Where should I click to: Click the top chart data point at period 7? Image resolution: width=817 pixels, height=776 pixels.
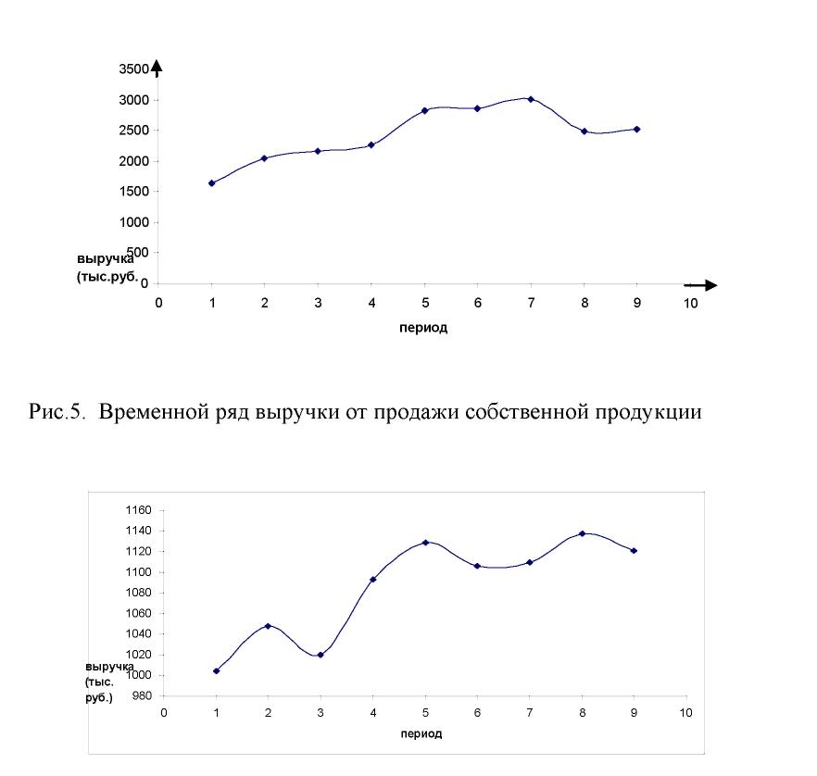point(531,99)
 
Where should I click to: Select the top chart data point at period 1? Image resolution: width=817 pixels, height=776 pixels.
point(211,182)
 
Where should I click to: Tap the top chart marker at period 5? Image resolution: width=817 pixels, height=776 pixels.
point(424,110)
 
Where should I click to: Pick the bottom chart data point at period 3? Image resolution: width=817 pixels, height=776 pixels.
point(321,655)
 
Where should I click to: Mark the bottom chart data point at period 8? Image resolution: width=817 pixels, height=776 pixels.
point(582,533)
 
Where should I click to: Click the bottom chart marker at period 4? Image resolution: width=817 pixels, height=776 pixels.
point(373,579)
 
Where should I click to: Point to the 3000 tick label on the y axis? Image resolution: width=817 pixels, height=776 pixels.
point(134,100)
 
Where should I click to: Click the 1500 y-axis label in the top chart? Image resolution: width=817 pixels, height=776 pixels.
point(134,192)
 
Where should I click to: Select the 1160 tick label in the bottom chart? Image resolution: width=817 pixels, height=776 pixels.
point(139,510)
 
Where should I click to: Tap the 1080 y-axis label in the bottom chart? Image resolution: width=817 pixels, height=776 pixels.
point(139,592)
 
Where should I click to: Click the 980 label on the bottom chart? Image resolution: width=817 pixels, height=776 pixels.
point(142,695)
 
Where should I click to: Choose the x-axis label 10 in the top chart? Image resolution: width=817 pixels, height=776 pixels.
point(690,303)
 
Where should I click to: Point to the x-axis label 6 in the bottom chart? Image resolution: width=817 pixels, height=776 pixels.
point(477,713)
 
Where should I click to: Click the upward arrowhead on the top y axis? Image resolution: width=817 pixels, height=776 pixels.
point(157,66)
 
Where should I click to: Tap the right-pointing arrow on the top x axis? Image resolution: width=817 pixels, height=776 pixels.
point(701,285)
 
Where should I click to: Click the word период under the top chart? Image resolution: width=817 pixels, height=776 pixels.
point(423,328)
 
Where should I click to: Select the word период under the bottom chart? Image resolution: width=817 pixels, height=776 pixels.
point(421,733)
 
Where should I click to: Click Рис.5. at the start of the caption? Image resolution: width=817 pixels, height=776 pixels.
point(57,411)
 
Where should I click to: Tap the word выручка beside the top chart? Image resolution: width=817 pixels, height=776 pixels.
point(106,259)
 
